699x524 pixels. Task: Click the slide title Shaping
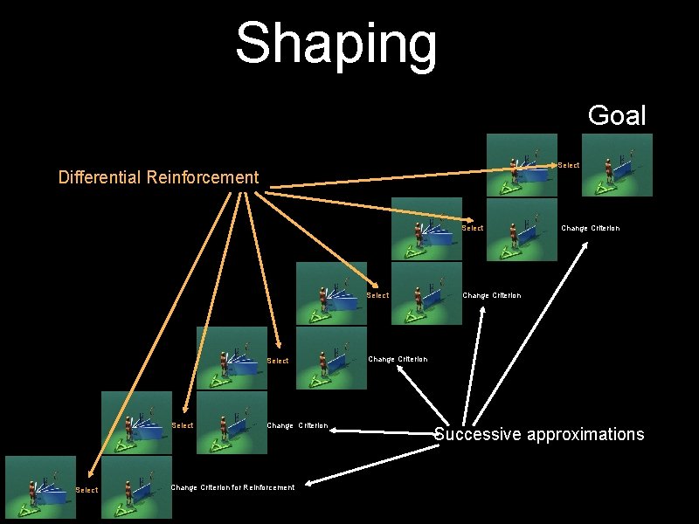coord(336,43)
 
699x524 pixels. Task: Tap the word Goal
coord(617,115)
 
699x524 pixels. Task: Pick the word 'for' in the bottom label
coord(230,487)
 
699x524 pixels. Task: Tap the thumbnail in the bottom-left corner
coord(40,487)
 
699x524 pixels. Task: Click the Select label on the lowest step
coord(87,490)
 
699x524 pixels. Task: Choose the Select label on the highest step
coord(568,165)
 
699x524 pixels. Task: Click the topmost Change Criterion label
coord(590,228)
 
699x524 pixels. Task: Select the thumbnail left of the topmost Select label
coord(521,164)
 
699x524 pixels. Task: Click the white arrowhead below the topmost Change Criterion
coord(586,245)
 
